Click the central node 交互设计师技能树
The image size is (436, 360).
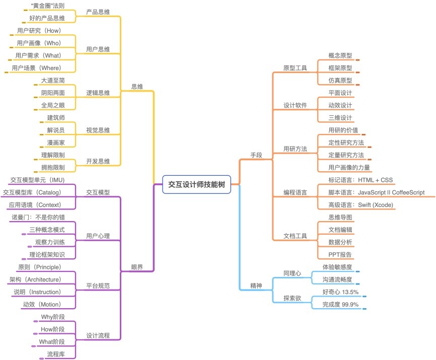tap(196, 184)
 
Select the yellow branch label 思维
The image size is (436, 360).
tap(137, 87)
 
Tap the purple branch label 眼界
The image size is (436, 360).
tap(137, 267)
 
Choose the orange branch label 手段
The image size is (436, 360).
tap(256, 155)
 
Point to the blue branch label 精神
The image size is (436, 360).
tap(256, 286)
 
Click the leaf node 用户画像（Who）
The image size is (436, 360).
tap(39, 43)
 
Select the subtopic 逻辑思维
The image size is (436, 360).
tap(98, 93)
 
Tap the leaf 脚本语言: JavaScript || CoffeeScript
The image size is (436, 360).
tap(377, 192)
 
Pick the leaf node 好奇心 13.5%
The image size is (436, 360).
tap(340, 292)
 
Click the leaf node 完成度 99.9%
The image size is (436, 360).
tap(340, 305)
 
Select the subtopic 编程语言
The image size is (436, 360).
tap(296, 192)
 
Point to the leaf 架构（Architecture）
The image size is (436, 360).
tap(35, 279)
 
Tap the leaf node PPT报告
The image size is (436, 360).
tap(340, 255)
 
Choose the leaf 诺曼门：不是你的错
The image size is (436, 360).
tap(38, 218)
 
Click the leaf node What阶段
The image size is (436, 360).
tap(52, 342)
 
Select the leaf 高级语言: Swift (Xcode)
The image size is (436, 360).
tap(360, 205)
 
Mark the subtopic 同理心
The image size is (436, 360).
tap(292, 273)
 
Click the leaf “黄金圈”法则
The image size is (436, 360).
tap(47, 6)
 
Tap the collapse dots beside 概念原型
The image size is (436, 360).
tap(357, 60)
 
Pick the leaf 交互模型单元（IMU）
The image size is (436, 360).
tap(38, 180)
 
